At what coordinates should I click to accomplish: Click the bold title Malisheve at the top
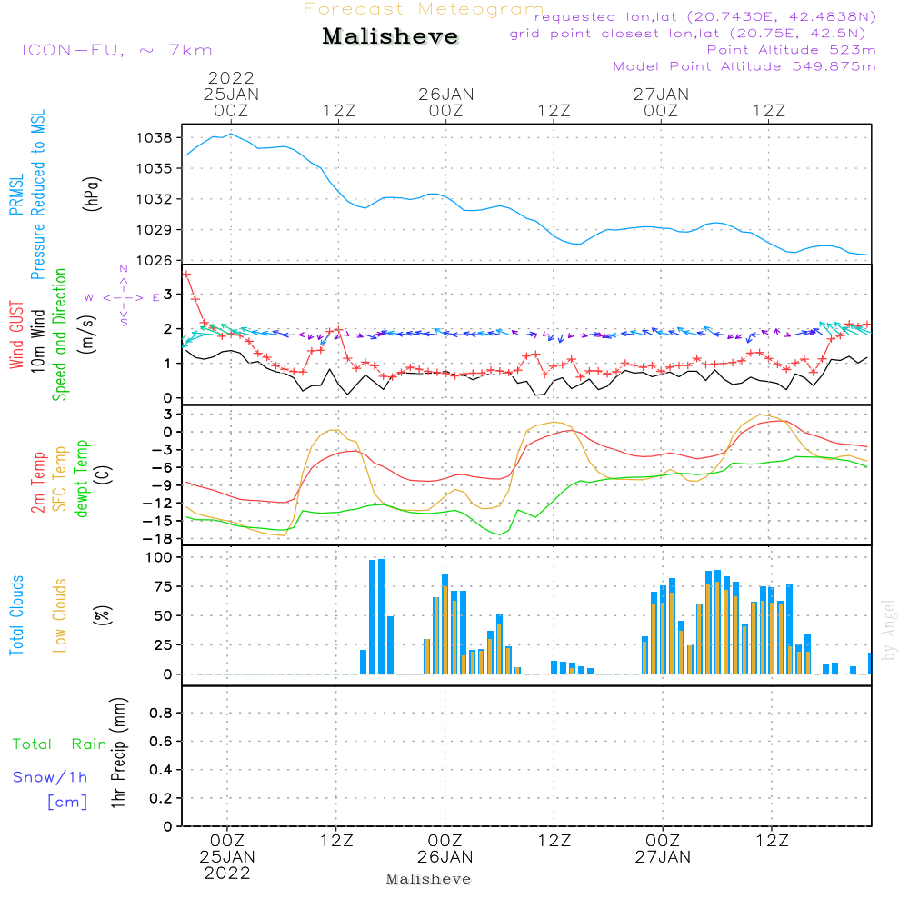pos(390,37)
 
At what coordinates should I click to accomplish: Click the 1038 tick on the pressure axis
pos(155,137)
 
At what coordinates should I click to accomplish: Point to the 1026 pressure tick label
pos(155,260)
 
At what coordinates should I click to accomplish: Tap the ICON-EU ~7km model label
pos(116,50)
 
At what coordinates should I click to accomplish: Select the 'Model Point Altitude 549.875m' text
pos(744,66)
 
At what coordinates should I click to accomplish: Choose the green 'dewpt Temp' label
pos(82,479)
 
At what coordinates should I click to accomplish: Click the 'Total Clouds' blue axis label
pos(17,615)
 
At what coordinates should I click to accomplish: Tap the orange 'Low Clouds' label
pos(60,615)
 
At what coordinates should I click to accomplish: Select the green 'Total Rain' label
pos(59,744)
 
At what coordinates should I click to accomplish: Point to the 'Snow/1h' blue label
pos(51,777)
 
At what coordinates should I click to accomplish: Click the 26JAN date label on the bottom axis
pos(445,856)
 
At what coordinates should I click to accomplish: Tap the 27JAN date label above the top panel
pos(661,94)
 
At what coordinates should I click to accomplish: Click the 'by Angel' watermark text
pos(890,629)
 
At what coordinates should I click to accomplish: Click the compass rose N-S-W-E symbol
pos(124,296)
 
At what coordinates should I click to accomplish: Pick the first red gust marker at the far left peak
pos(186,274)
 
